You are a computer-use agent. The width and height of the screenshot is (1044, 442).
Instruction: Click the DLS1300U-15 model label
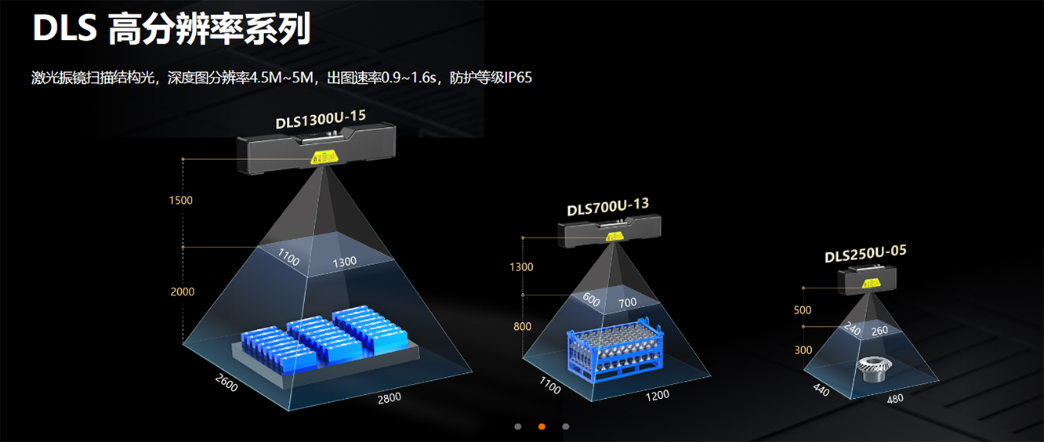pyautogui.click(x=321, y=120)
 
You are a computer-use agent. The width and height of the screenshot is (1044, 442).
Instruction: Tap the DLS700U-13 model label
pyautogui.click(x=608, y=208)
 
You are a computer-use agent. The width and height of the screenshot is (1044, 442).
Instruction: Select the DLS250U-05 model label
pyautogui.click(x=865, y=254)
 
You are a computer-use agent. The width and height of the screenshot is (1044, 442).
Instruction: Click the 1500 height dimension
pyautogui.click(x=180, y=200)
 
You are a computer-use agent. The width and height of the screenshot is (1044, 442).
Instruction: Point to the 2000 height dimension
pyautogui.click(x=182, y=292)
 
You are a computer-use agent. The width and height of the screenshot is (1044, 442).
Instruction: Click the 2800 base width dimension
pyautogui.click(x=389, y=397)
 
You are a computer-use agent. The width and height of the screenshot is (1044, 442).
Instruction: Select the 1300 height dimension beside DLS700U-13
pyautogui.click(x=521, y=267)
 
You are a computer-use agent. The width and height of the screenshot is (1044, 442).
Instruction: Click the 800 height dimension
pyautogui.click(x=522, y=326)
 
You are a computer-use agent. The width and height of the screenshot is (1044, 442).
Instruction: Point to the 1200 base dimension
pyautogui.click(x=657, y=395)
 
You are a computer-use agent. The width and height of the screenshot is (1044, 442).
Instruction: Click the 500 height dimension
pyautogui.click(x=803, y=310)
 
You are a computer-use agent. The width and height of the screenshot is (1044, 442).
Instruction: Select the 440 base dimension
pyautogui.click(x=821, y=389)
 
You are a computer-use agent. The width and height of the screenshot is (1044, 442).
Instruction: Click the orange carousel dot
pyautogui.click(x=542, y=427)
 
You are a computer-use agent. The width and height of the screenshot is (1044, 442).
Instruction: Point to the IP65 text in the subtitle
pyautogui.click(x=519, y=78)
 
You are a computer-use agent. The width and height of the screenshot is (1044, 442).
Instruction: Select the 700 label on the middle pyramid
pyautogui.click(x=627, y=303)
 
